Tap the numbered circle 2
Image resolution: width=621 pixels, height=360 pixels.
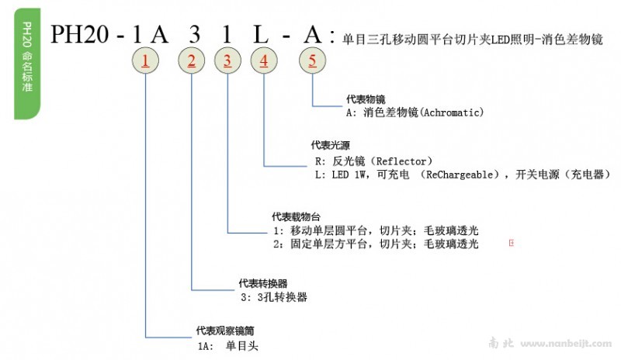(192, 61)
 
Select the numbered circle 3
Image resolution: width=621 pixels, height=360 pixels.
(227, 61)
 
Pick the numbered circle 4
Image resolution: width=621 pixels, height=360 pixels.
(265, 61)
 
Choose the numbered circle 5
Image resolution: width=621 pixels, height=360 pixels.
(312, 61)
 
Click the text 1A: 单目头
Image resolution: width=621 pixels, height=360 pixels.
(224, 344)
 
